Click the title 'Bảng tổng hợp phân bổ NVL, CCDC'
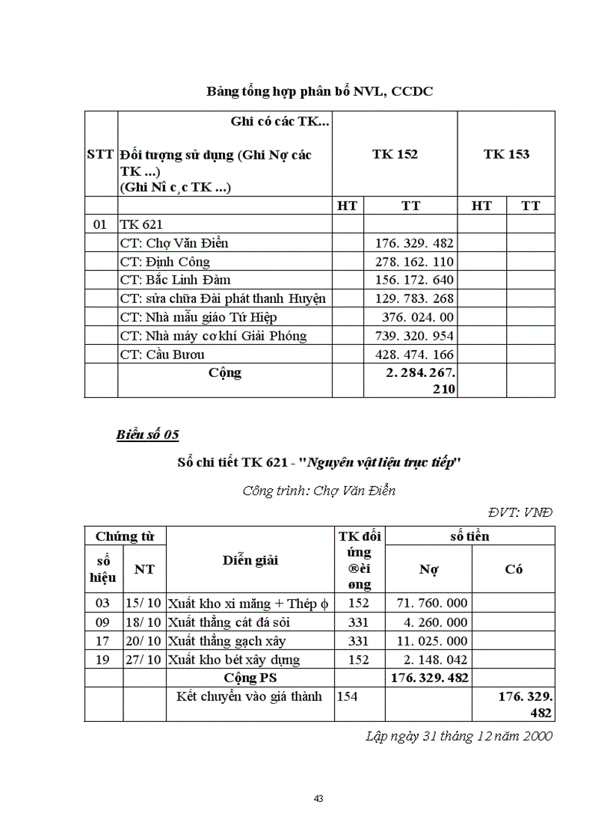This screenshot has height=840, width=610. pyautogui.click(x=320, y=91)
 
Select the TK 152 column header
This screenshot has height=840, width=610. pyautogui.click(x=395, y=154)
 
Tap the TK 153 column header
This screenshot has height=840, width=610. pyautogui.click(x=506, y=154)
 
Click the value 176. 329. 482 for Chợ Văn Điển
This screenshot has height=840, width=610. pyautogui.click(x=414, y=243)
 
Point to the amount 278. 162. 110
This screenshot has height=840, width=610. pyautogui.click(x=414, y=262)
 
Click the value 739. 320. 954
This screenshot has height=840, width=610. pyautogui.click(x=414, y=336)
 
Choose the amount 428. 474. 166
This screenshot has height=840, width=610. pyautogui.click(x=414, y=355)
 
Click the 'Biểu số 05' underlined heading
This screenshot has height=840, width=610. pyautogui.click(x=147, y=435)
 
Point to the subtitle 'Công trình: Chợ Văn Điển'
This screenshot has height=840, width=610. pyautogui.click(x=319, y=491)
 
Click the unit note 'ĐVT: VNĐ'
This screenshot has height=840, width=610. pyautogui.click(x=520, y=512)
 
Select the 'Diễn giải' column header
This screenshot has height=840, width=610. pyautogui.click(x=250, y=560)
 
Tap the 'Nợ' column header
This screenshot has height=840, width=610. pyautogui.click(x=428, y=569)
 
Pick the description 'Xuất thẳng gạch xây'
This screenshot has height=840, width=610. pyautogui.click(x=227, y=641)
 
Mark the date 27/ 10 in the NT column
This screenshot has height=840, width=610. pyautogui.click(x=144, y=660)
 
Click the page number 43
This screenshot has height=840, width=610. pyautogui.click(x=318, y=799)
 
